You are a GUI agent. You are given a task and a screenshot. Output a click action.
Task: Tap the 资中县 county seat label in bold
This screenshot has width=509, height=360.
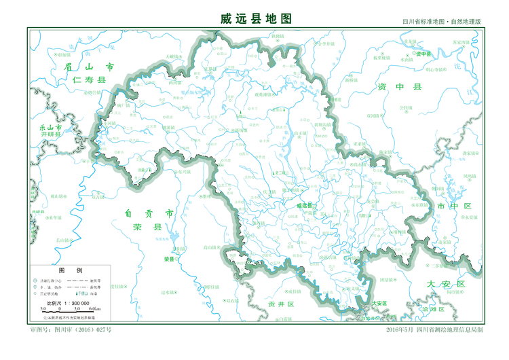coord(423,54)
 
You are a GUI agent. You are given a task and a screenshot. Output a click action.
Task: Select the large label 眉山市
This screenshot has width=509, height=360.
coord(88,67)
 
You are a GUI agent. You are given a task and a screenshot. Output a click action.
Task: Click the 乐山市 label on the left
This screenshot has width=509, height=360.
coord(51,127)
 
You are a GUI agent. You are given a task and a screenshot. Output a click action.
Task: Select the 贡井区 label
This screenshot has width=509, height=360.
coord(279,303)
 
